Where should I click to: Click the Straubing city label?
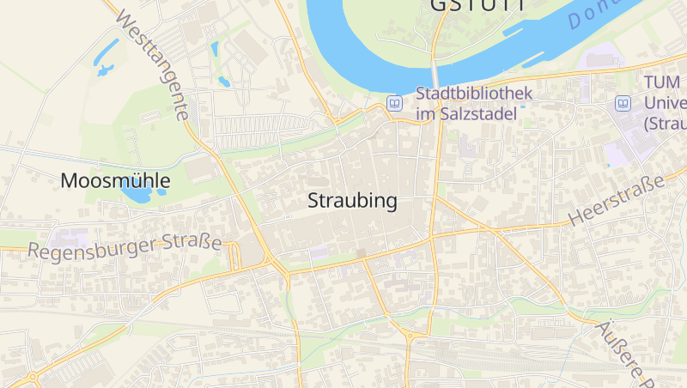click(x=353, y=202)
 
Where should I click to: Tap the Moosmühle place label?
click(x=115, y=181)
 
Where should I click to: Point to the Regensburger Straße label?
click(x=125, y=247)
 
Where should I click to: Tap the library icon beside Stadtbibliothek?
click(x=394, y=103)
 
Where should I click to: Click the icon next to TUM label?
click(x=623, y=103)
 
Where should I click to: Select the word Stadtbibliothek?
click(x=474, y=94)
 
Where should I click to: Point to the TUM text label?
click(x=661, y=84)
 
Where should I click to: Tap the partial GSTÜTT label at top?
click(x=476, y=5)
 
